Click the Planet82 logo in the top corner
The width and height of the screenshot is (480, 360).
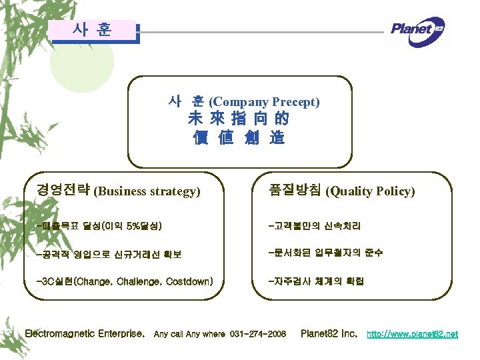[417, 30]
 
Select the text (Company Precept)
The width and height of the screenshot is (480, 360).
[264, 102]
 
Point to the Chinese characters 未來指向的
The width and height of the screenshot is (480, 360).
[238, 120]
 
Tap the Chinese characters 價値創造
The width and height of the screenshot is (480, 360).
[238, 138]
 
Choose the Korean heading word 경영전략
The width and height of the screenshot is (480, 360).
[64, 191]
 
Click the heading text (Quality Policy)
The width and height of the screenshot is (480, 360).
[369, 191]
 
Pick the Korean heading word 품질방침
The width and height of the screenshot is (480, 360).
[294, 191]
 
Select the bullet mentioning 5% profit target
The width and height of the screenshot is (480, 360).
[100, 226]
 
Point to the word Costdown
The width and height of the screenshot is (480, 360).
[189, 281]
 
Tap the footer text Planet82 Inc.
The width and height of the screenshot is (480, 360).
[329, 333]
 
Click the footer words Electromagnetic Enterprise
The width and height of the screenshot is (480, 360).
[85, 333]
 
